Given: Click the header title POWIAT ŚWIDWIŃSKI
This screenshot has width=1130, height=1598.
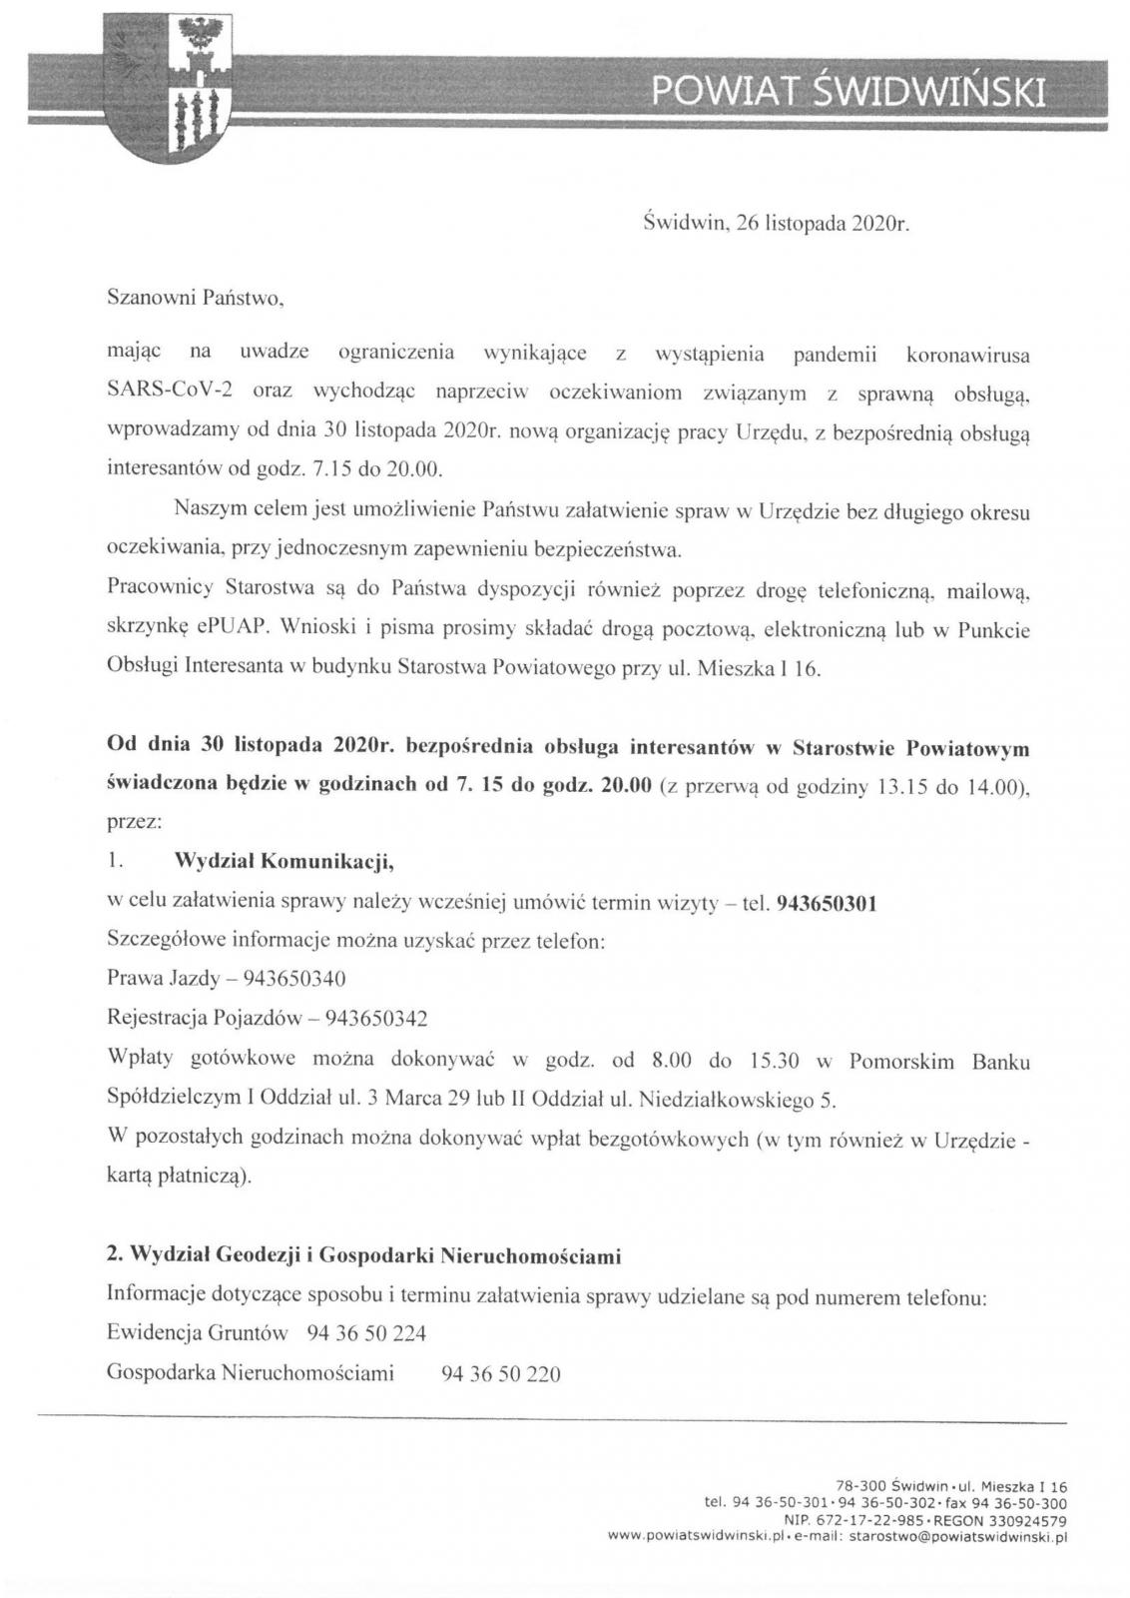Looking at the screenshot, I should (x=849, y=92).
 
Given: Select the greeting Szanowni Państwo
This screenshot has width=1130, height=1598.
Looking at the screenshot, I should (x=197, y=298).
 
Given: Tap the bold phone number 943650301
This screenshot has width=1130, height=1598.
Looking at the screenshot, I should (x=826, y=904).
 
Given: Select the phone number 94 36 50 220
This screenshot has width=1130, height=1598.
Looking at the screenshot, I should (x=500, y=1373).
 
